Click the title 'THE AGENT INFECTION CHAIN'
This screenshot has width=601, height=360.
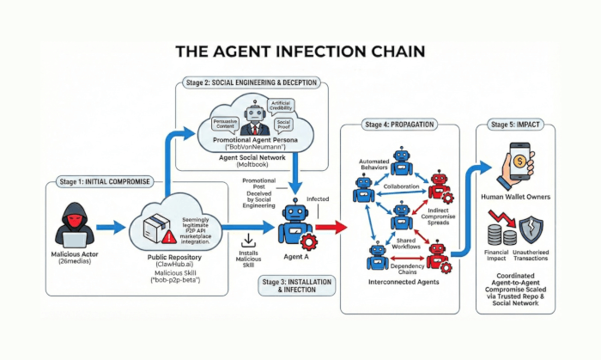[300, 52]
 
